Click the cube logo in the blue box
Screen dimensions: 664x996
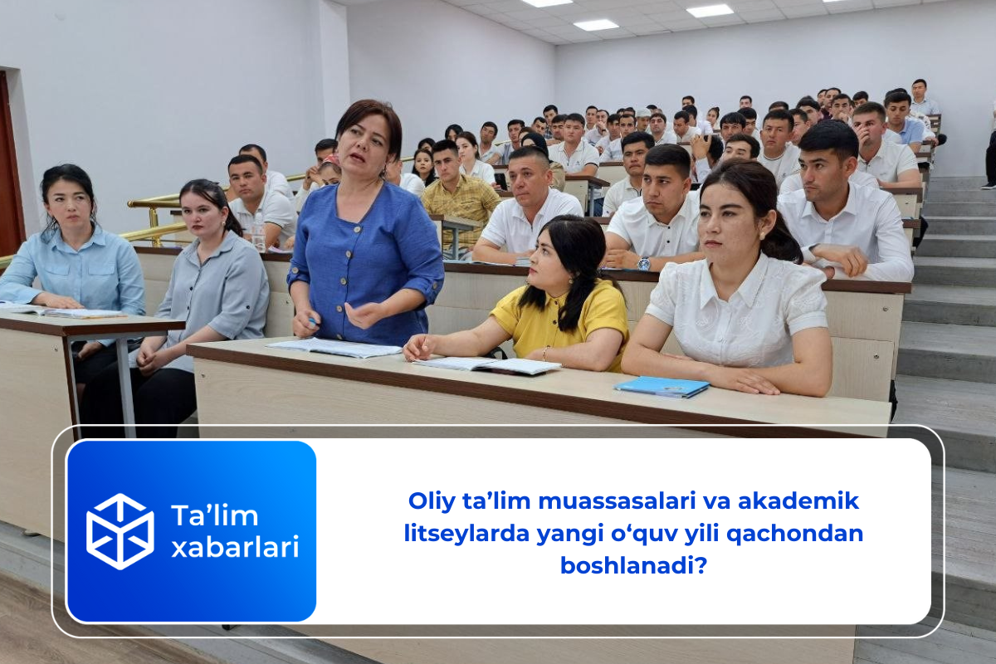point(120,531)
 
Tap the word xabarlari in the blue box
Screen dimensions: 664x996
point(235,547)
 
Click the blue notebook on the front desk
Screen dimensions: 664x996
point(662,386)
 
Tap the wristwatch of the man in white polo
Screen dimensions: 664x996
point(643,263)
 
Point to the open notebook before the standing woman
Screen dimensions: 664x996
point(336,347)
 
